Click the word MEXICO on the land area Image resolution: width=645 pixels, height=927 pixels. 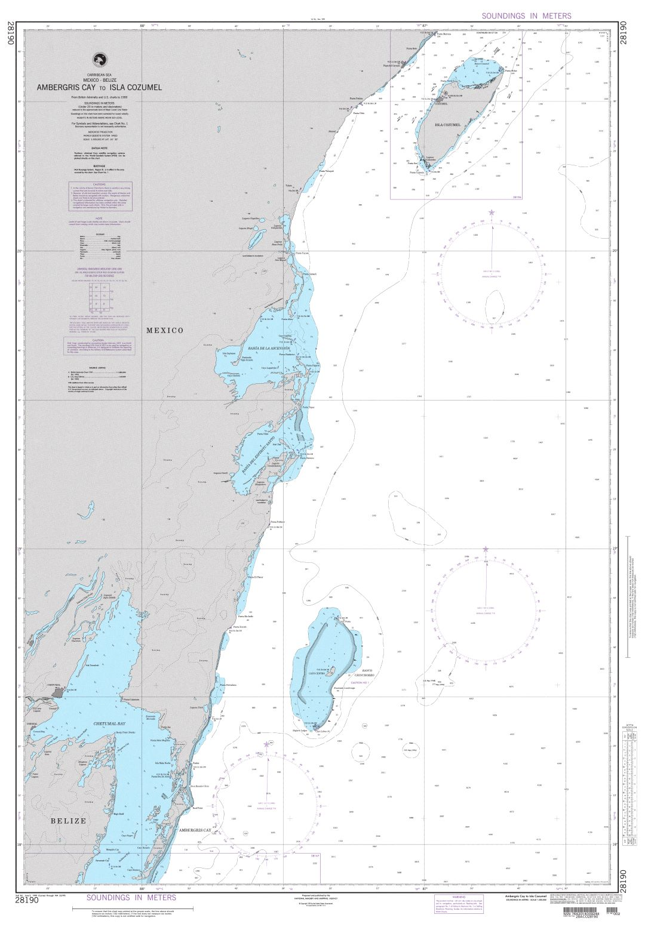click(165, 330)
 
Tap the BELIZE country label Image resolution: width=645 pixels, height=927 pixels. click(68, 821)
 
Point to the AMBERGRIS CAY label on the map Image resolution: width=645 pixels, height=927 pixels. click(195, 830)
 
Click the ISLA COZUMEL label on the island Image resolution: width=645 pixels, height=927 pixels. click(447, 124)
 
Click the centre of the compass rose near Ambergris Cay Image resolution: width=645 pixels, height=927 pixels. click(266, 794)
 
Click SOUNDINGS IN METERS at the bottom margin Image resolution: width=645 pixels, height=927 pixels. click(131, 897)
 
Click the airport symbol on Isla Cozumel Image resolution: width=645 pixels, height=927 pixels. click(446, 93)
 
